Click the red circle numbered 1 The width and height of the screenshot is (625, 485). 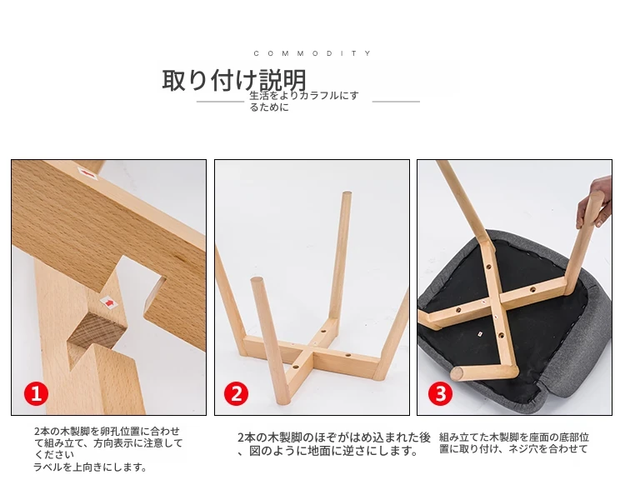point(37,393)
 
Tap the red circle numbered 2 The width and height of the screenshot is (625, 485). point(237,393)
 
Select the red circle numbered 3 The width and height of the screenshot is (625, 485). point(441,393)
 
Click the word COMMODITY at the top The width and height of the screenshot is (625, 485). point(312,53)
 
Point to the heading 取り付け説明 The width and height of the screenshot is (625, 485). point(234,80)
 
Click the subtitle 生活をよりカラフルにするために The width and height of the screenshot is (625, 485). point(304,101)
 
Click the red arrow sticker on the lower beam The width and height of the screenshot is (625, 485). point(109,302)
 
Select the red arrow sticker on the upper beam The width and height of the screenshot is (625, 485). point(88,174)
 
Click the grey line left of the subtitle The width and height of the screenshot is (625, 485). point(220,102)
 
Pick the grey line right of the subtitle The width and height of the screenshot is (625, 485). point(396,102)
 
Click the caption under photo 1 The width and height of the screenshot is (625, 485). point(108,448)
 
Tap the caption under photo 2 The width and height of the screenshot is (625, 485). point(334,444)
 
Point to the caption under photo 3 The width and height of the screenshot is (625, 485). point(514,442)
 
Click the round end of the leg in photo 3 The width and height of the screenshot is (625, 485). point(457,374)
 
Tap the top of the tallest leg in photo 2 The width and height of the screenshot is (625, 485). point(347,194)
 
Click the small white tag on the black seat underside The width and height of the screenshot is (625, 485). point(480,333)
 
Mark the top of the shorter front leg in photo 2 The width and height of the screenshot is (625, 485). point(257,281)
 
